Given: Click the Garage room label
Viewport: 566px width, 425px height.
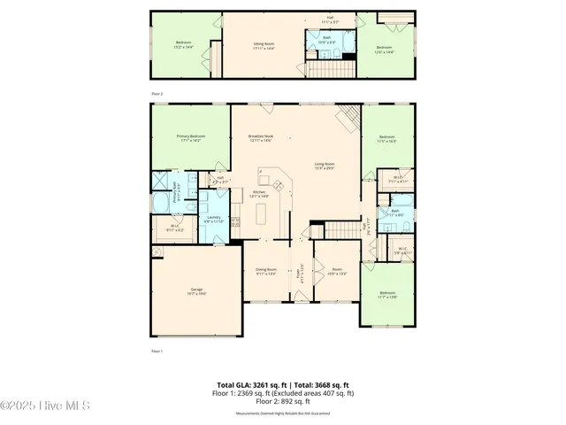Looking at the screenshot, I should [196, 292].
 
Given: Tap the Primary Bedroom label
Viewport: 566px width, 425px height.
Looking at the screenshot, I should [190, 138].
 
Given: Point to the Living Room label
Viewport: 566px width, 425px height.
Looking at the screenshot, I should [325, 166].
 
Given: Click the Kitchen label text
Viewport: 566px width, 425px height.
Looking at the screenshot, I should [260, 194].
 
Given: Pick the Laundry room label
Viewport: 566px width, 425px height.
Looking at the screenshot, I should [213, 219].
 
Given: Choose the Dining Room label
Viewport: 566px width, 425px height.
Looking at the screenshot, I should [266, 271].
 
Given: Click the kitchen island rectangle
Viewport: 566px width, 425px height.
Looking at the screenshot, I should [262, 214].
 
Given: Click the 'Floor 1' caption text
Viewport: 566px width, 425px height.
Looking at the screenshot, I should [157, 352].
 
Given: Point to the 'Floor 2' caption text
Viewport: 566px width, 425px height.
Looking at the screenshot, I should [157, 93].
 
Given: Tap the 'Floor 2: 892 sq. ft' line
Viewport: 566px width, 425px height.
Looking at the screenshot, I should [282, 402].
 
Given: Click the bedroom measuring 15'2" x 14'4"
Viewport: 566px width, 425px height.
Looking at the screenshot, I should [183, 44].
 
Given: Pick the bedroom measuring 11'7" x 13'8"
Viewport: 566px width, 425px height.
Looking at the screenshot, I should [387, 295].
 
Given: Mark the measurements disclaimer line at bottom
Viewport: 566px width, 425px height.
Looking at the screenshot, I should [282, 413].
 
